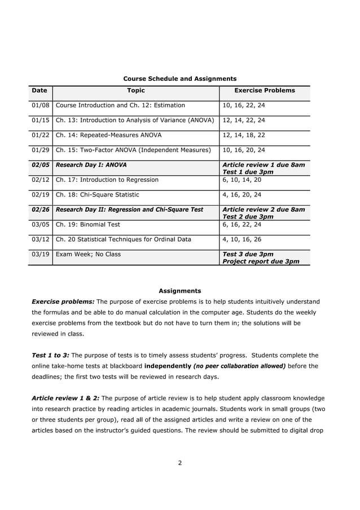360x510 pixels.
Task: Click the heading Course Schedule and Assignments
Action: tap(179, 79)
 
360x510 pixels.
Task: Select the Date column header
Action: tap(39, 90)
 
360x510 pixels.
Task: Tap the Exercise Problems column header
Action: tap(264, 90)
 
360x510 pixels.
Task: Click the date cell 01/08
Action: tap(41, 105)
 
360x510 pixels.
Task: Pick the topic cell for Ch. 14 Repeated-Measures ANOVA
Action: tap(109, 135)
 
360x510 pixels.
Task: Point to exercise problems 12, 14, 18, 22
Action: tap(243, 135)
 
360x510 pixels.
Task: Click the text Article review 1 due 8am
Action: tap(264, 165)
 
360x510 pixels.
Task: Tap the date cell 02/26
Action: tap(41, 209)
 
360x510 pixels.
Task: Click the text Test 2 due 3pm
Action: tap(248, 216)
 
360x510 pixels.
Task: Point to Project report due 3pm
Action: tap(261, 261)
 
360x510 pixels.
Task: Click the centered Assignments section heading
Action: tap(179, 291)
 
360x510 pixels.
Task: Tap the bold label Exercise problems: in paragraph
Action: tap(63, 302)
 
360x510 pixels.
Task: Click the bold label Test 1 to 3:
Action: tap(50, 355)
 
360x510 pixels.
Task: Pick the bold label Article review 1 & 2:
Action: tap(65, 398)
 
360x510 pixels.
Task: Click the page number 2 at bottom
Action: tap(179, 463)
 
